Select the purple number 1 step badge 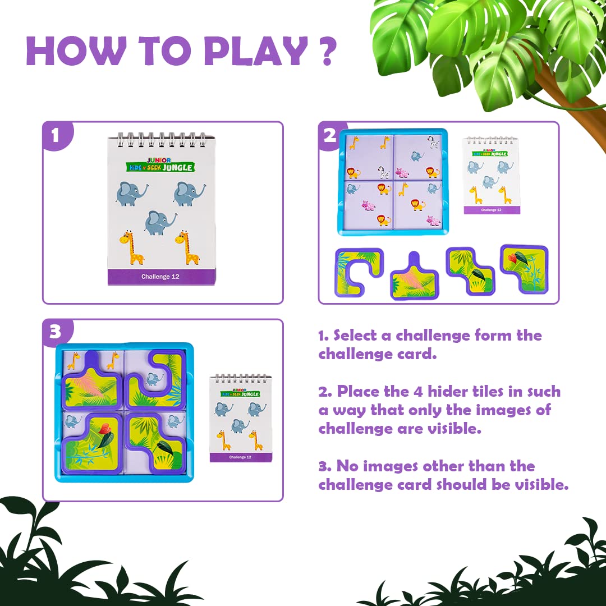55,136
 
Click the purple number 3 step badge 55,333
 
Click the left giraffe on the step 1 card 132,247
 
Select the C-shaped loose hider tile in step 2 357,272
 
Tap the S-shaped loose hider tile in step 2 470,271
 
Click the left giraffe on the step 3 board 74,360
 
